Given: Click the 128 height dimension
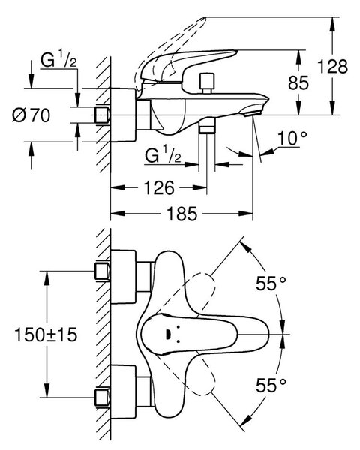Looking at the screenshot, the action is (332, 67).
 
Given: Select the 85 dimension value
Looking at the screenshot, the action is (298, 83).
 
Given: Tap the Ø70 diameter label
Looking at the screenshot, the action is (31, 115).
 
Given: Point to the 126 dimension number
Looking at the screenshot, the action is (159, 188).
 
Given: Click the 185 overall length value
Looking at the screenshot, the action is (182, 214).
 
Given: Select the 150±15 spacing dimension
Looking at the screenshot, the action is (46, 334).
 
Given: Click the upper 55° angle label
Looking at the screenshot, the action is (271, 283).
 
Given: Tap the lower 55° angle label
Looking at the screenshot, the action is (271, 385).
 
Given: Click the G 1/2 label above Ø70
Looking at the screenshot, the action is (58, 59).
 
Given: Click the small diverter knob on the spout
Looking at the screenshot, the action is (207, 83).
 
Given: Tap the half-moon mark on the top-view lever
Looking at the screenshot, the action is (169, 334).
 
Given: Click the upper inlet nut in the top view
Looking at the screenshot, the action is (103, 271).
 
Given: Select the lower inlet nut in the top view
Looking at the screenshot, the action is (103, 397).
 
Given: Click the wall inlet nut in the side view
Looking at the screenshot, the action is (103, 115).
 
